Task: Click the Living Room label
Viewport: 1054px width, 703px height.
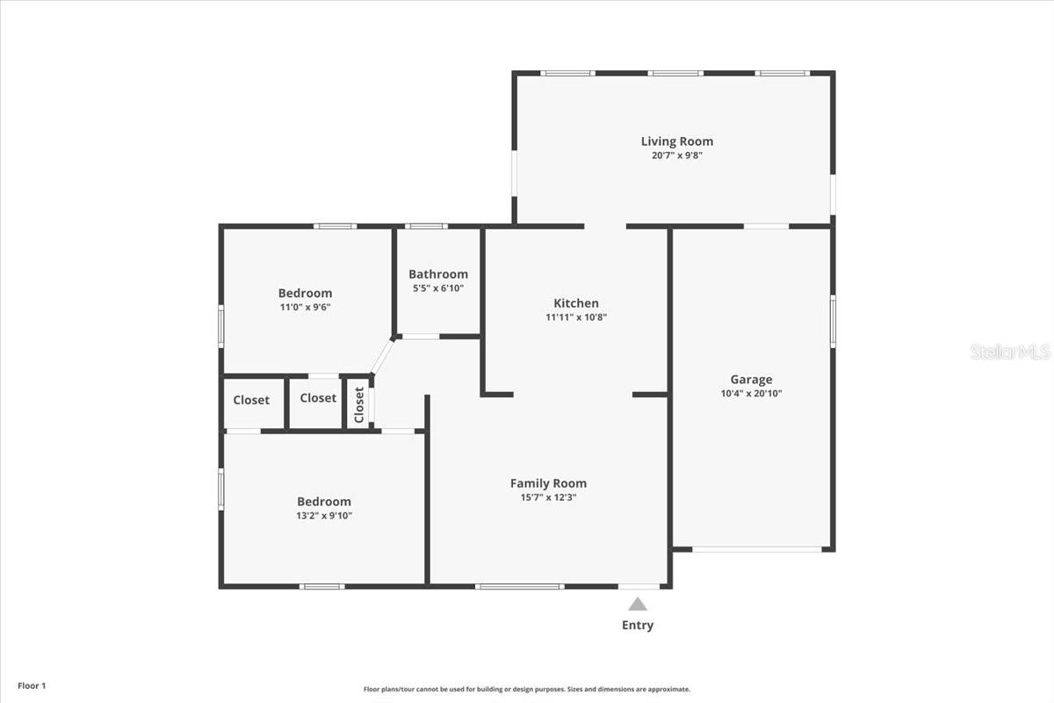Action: pos(676,141)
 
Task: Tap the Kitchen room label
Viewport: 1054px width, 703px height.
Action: pos(575,303)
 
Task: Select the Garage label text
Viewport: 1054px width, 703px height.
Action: pos(752,380)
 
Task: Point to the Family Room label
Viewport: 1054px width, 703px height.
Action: pos(548,483)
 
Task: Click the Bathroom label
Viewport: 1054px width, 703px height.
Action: pos(437,274)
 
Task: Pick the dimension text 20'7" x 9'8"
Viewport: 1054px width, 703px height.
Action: pos(676,156)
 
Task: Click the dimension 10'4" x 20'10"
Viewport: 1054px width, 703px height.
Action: pos(752,394)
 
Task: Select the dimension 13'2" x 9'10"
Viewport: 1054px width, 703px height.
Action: pos(324,516)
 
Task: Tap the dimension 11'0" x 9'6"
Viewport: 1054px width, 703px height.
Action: pos(305,308)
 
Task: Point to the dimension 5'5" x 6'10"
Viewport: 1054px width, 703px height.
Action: pos(437,288)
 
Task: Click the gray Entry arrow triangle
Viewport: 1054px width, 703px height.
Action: pos(638,604)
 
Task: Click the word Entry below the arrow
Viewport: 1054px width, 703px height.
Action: pos(638,626)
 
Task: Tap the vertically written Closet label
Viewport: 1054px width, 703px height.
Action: pos(358,405)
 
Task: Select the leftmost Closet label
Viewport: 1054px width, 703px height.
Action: pos(251,400)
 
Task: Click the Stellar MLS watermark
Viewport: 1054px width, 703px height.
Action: pos(1010,351)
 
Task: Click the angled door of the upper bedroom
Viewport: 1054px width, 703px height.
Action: pos(382,356)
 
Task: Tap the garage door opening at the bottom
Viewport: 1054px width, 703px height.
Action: pos(757,550)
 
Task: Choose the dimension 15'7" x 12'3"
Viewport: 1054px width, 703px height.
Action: pos(548,497)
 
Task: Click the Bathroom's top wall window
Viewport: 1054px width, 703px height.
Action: pos(426,227)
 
